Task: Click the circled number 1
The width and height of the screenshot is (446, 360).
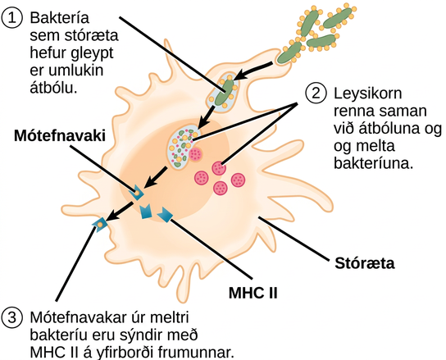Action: pyautogui.click(x=11, y=18)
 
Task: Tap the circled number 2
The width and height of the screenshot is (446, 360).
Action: pyautogui.click(x=316, y=93)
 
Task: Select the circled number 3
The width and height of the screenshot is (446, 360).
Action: pyautogui.click(x=11, y=317)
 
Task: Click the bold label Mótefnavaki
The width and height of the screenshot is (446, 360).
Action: pyautogui.click(x=60, y=136)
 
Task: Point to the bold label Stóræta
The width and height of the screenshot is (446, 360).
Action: pyautogui.click(x=365, y=263)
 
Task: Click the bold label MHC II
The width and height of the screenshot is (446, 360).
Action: pyautogui.click(x=253, y=292)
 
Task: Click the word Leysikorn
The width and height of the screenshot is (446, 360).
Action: pyautogui.click(x=367, y=94)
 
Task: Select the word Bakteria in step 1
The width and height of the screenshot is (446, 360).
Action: pyautogui.click(x=60, y=18)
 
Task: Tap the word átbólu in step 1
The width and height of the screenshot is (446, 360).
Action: pyautogui.click(x=53, y=88)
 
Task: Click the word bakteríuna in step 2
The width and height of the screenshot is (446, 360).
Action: pyautogui.click(x=373, y=164)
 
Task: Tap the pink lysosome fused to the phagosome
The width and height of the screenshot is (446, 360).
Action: pyautogui.click(x=195, y=154)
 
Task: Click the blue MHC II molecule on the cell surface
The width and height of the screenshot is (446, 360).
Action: pyautogui.click(x=99, y=225)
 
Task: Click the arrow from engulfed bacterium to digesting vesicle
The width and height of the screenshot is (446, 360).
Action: pyautogui.click(x=206, y=118)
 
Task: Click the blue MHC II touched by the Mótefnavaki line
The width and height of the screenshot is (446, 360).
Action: pyautogui.click(x=137, y=193)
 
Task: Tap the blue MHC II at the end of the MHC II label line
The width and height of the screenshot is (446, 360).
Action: pyautogui.click(x=166, y=215)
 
